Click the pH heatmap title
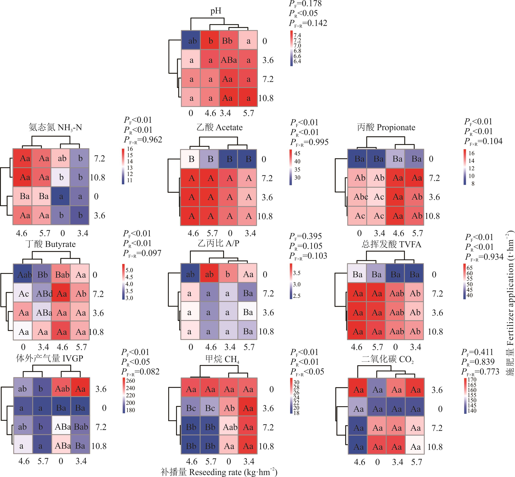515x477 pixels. (216, 11)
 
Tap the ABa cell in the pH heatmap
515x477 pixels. (229, 60)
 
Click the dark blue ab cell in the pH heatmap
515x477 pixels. (191, 41)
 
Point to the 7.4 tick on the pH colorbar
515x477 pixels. (297, 35)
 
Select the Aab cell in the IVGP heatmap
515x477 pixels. (61, 389)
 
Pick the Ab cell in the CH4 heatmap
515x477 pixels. (229, 408)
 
